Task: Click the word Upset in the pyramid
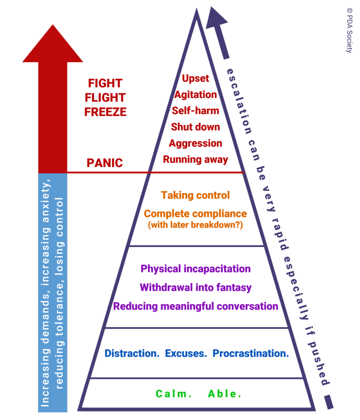point(195,78)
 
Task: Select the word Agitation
point(195,95)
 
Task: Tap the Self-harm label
point(195,111)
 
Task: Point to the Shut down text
point(195,127)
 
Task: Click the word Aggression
point(195,143)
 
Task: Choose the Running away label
point(195,159)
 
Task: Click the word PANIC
point(104,163)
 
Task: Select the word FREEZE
point(105,112)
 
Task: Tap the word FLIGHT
point(105,98)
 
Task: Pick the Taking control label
point(195,195)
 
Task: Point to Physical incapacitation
point(195,269)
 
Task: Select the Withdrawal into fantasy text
point(195,287)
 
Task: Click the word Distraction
point(132,353)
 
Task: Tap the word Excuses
point(186,353)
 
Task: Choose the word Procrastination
point(251,353)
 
